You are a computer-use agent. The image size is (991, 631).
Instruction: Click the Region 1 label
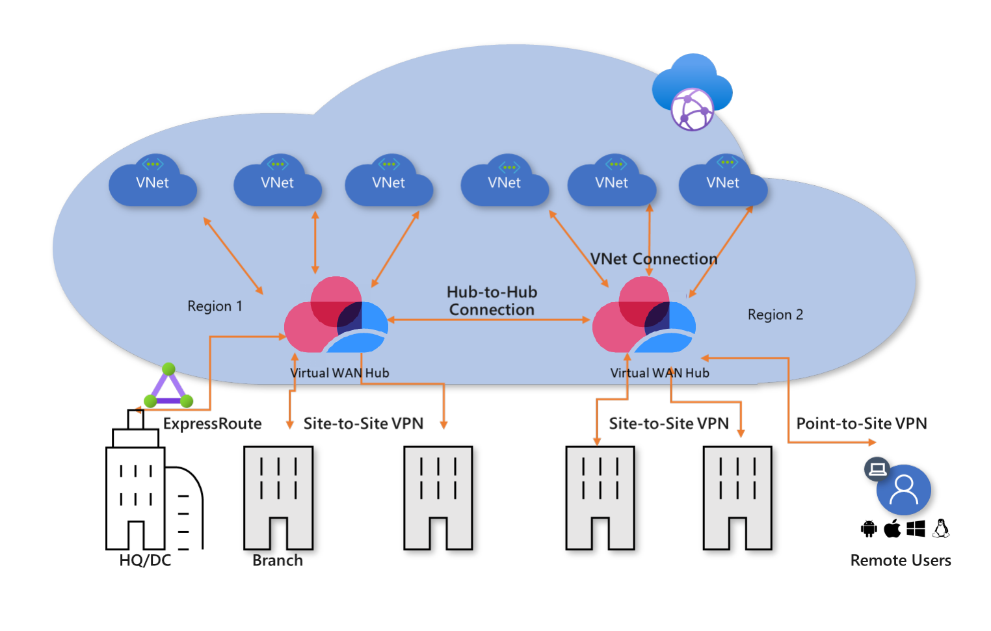pyautogui.click(x=215, y=306)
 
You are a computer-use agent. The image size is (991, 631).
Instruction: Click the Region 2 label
pyautogui.click(x=775, y=315)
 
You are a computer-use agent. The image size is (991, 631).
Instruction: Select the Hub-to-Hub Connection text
pyautogui.click(x=492, y=301)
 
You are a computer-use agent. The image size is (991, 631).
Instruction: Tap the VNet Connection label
pyautogui.click(x=654, y=259)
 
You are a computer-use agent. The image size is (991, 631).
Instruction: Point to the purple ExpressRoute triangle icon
pyautogui.click(x=168, y=387)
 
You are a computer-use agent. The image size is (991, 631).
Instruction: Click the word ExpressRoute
pyautogui.click(x=212, y=424)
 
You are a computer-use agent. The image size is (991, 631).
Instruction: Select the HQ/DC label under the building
pyautogui.click(x=145, y=560)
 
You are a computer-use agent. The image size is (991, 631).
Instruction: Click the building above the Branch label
pyautogui.click(x=278, y=498)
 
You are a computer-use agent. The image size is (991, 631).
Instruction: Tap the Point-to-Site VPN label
pyautogui.click(x=861, y=424)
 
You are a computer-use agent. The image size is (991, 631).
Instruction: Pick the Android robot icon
pyautogui.click(x=869, y=529)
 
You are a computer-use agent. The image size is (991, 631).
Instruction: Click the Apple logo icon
pyautogui.click(x=892, y=528)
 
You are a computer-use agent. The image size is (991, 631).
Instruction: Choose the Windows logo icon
pyautogui.click(x=916, y=529)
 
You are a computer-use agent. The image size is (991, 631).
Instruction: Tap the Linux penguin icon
pyautogui.click(x=941, y=528)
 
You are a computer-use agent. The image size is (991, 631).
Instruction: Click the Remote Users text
pyautogui.click(x=900, y=560)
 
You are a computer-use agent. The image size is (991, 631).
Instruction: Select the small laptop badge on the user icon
pyautogui.click(x=877, y=469)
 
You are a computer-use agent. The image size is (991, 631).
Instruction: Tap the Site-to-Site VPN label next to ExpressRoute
pyautogui.click(x=363, y=424)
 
